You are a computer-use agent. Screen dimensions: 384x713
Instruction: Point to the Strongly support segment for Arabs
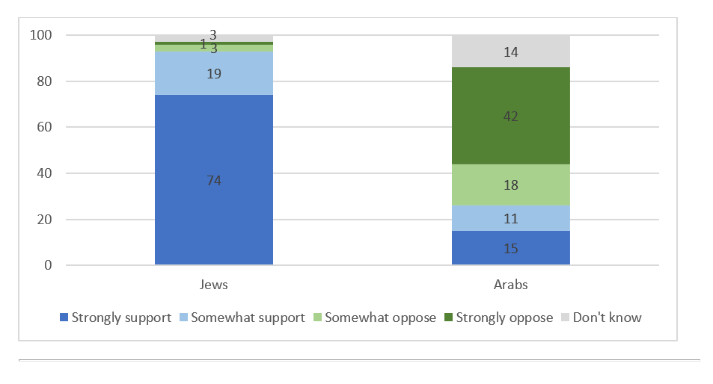[x=511, y=248]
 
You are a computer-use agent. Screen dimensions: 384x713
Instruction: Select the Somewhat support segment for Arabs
[x=511, y=219]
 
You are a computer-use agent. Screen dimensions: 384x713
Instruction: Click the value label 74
[x=213, y=181]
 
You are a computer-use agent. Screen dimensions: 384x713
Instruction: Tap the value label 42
[x=511, y=117]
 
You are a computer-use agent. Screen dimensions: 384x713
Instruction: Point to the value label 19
[x=213, y=74]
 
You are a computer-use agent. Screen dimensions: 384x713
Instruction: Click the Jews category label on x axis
[x=214, y=285]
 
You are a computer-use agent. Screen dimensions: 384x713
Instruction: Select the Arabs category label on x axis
[x=511, y=285]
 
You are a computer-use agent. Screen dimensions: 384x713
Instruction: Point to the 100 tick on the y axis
[x=40, y=35]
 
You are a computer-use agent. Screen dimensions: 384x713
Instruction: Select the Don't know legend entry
[x=607, y=318]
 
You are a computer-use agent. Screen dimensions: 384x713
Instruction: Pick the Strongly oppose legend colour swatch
[x=448, y=318]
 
